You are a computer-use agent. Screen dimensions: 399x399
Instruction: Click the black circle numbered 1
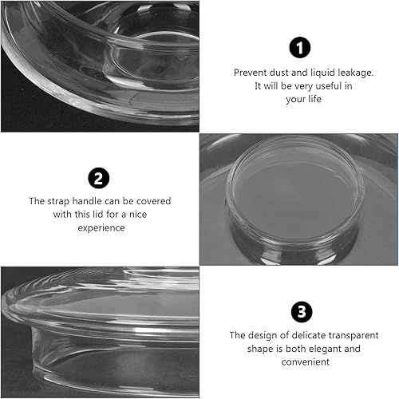(299, 48)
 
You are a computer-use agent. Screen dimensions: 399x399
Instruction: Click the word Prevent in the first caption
(249, 72)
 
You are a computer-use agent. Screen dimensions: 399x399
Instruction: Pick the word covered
(153, 201)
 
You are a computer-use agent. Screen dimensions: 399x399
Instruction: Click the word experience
(100, 227)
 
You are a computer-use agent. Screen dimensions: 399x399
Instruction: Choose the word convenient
(299, 362)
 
